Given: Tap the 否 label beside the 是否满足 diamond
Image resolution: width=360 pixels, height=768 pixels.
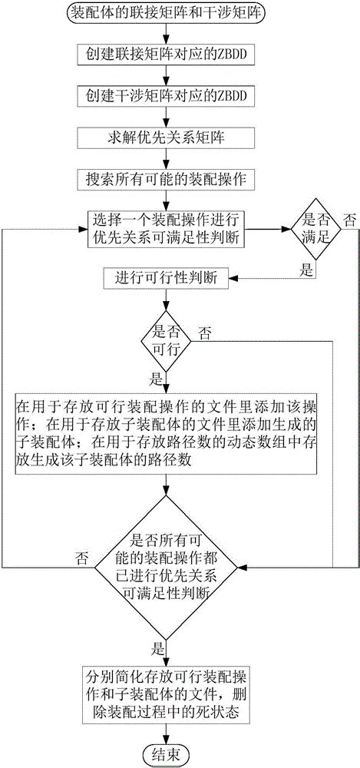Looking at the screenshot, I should (x=348, y=220).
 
